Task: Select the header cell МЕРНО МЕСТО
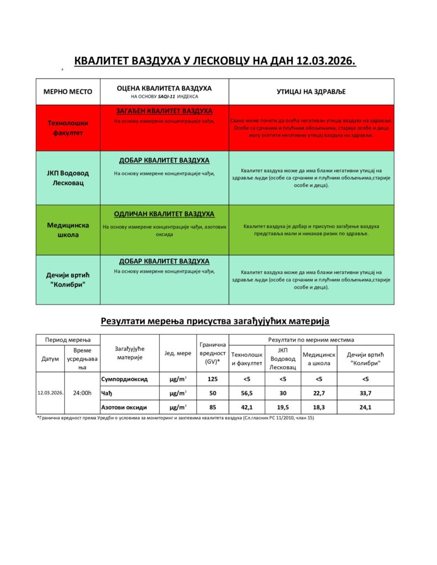coord(68,92)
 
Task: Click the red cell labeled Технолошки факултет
coord(68,128)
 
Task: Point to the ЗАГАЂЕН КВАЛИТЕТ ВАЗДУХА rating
coord(164,111)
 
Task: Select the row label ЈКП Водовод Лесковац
coord(68,178)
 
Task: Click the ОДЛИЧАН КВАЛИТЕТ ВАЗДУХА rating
coord(164,214)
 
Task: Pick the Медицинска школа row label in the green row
coord(68,230)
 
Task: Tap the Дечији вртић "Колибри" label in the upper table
coord(68,280)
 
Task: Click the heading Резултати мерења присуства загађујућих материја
coord(215,321)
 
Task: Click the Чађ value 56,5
coord(246,393)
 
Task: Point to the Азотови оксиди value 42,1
coord(246,407)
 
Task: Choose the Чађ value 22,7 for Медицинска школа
coord(319,393)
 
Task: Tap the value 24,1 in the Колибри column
coord(365,407)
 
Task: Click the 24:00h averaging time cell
coord(82,393)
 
